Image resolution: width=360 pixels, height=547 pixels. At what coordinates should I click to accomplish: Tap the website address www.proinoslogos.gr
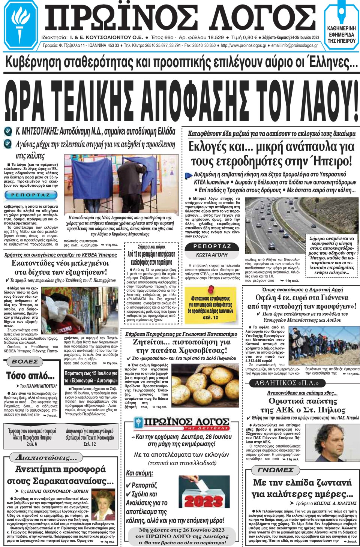[x=243, y=46]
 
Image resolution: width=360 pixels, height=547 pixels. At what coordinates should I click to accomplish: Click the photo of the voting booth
[x=121, y=184]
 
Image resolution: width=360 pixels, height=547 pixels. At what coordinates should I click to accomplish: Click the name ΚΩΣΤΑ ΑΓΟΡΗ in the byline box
[x=212, y=255]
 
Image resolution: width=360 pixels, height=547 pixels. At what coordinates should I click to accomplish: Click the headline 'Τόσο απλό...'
[x=30, y=376]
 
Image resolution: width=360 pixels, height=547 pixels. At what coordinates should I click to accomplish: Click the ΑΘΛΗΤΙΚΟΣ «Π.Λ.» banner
[x=286, y=383]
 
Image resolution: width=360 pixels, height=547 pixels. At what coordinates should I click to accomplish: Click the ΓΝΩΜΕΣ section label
[x=275, y=470]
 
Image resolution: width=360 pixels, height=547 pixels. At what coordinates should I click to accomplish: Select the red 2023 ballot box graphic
[x=204, y=496]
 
